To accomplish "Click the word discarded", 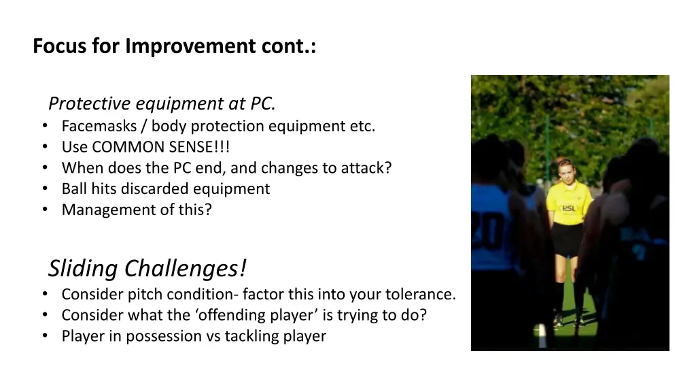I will [x=158, y=189].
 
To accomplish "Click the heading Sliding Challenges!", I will [x=147, y=269].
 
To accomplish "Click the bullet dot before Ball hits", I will [x=44, y=189].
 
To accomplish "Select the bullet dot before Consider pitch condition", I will [x=44, y=295].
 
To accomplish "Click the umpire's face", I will [x=565, y=173].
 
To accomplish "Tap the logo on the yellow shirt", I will [x=568, y=208].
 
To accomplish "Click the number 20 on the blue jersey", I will [x=487, y=231].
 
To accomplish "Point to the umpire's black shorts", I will [x=567, y=239].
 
